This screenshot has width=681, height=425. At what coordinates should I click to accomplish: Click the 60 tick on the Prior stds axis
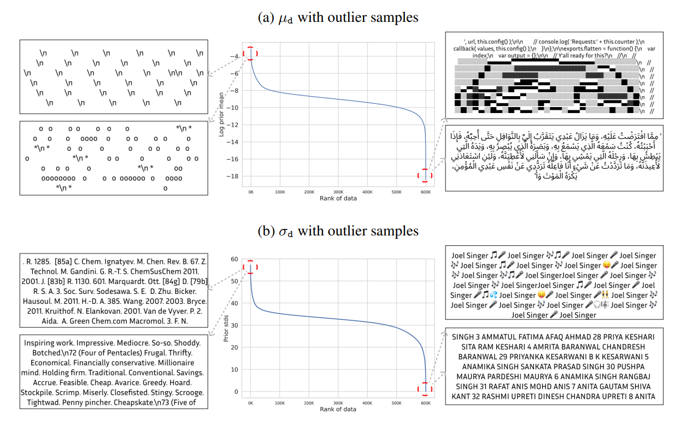coord(235,259)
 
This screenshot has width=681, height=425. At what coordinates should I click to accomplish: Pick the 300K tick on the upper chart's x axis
coord(338,192)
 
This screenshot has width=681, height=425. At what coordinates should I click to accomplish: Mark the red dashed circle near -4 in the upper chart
coord(250,54)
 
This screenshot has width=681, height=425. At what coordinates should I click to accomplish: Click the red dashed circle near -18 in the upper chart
coord(425,175)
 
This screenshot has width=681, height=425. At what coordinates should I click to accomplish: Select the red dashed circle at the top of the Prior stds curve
coord(250,267)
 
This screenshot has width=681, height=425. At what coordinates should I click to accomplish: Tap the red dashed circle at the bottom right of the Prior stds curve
coord(425,389)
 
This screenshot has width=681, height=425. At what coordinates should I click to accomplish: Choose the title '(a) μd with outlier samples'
coord(337,18)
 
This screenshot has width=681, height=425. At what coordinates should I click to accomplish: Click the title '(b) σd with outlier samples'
coord(337,231)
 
